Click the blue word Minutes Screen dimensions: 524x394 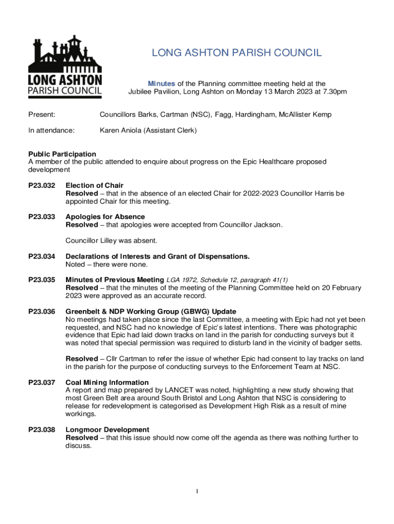point(162,83)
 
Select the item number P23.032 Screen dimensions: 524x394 point(41,185)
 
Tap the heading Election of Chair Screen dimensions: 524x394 point(95,185)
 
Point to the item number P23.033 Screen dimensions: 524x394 point(41,217)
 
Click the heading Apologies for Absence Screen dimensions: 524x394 point(105,217)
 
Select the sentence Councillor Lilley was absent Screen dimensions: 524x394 point(111,241)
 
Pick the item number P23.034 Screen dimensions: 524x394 point(41,256)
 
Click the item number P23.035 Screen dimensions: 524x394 point(41,280)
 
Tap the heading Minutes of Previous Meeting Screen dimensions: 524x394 point(115,280)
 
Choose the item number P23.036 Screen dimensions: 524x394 point(41,312)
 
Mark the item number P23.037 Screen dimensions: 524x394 point(41,382)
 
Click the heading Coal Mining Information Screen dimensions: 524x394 point(107,382)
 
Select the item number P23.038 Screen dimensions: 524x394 point(41,430)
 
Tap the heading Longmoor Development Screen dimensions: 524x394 point(107,430)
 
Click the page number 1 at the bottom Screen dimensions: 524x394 point(197,492)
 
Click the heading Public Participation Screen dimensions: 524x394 point(62,154)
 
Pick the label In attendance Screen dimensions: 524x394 point(51,130)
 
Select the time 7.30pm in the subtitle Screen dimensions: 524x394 point(333,92)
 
